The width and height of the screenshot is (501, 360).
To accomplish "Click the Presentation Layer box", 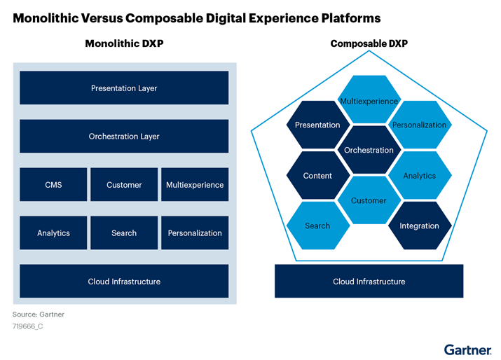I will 124,88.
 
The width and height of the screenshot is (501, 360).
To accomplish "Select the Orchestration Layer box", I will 124,137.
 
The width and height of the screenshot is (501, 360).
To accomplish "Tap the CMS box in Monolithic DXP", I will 53,185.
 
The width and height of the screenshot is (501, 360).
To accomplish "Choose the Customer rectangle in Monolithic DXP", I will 124,185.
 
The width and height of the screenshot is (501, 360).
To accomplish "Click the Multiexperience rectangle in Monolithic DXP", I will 195,185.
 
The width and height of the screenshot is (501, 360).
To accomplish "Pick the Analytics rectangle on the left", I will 53,233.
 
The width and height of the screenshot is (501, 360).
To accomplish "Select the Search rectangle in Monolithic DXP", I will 124,233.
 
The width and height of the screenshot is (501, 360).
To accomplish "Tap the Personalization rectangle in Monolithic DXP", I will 195,233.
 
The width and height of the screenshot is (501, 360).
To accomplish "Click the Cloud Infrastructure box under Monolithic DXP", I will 124,282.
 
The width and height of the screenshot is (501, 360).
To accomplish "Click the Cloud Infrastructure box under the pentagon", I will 369,282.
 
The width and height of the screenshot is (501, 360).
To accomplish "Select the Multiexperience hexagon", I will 369,100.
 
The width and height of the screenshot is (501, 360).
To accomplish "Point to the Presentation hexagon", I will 317,125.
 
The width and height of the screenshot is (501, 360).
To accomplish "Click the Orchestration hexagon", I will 369,150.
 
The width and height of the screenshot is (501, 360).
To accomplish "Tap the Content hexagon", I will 317,176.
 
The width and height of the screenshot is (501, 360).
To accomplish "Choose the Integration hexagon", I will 419,226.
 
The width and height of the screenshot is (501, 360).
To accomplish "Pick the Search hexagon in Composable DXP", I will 317,226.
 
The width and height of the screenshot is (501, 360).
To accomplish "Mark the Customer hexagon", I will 369,200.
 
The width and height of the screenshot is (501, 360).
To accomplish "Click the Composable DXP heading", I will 369,43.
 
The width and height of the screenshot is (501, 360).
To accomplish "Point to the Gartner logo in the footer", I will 467,349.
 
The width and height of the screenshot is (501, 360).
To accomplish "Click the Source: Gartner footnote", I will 39,314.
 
